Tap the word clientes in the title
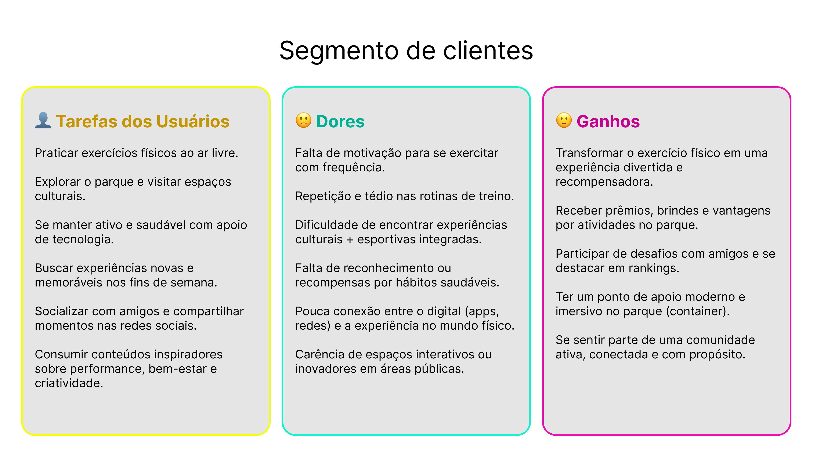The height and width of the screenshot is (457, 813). [x=488, y=51]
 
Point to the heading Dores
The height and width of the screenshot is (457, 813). [x=340, y=121]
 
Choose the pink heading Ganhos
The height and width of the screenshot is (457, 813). [x=608, y=121]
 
